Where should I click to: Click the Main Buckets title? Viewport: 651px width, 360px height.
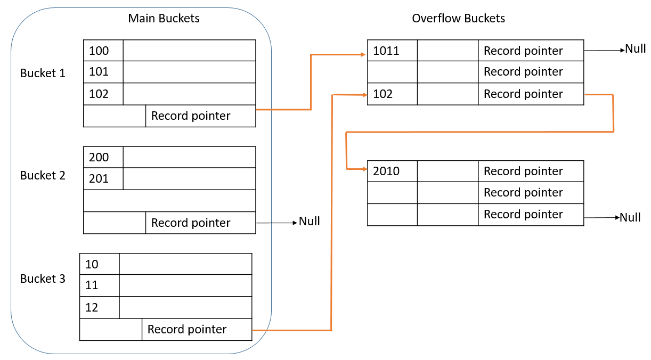(164, 18)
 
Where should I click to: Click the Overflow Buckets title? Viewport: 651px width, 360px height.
(458, 18)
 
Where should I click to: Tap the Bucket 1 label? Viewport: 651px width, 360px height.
(43, 73)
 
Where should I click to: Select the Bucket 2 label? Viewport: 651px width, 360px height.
(43, 175)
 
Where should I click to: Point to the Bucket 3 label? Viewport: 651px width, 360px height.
(43, 279)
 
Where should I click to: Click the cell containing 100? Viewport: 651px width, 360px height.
(103, 51)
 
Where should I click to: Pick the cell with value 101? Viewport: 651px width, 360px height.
(103, 71)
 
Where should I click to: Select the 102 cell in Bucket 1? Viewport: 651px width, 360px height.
(103, 94)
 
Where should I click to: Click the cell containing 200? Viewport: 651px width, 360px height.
(103, 157)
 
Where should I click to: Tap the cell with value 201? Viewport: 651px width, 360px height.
(103, 179)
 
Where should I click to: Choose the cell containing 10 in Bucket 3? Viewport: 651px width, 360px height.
(99, 264)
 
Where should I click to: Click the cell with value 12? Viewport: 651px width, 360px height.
(99, 308)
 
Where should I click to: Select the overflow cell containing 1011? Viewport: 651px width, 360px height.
(392, 51)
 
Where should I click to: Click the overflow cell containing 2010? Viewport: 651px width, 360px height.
(392, 171)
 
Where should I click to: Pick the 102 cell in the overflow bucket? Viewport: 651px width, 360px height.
(392, 94)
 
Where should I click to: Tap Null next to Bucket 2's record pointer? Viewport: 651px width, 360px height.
(309, 221)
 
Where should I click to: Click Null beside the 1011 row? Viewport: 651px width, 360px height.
(635, 49)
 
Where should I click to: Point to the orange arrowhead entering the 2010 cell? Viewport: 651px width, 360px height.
(364, 169)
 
